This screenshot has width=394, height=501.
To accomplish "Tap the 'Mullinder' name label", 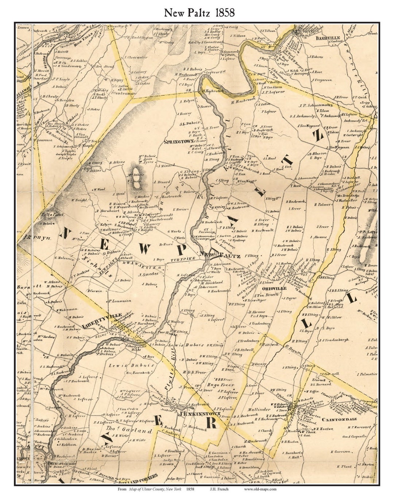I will coord(260,410).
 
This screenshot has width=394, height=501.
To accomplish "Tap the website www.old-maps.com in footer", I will coord(260,489).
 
